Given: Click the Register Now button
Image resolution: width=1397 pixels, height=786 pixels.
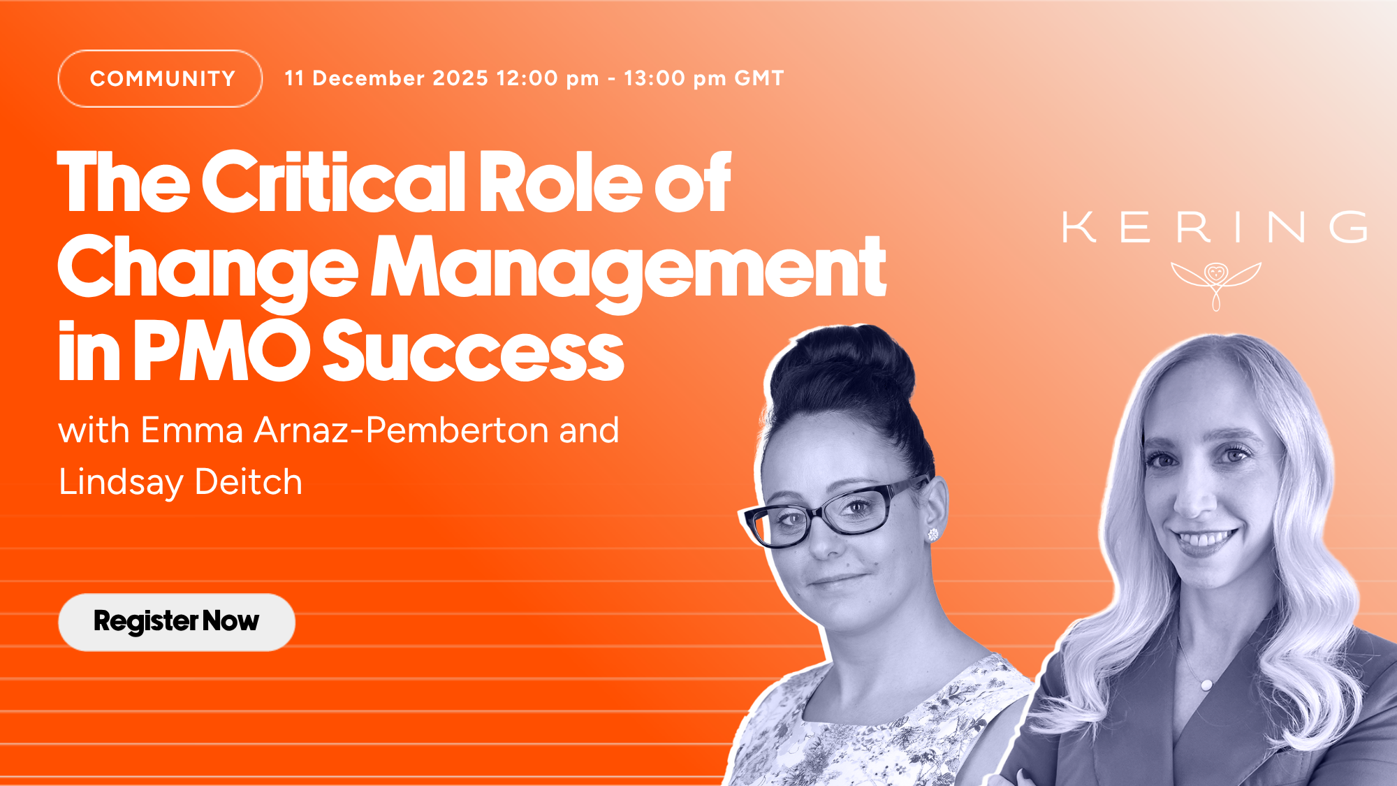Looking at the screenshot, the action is click(x=177, y=623).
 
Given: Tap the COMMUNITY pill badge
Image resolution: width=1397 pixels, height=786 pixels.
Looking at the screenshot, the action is click(x=161, y=78).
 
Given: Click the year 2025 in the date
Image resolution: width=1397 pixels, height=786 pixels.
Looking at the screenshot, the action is click(x=460, y=78).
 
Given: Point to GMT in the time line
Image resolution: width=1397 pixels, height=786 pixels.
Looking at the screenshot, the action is click(x=759, y=78).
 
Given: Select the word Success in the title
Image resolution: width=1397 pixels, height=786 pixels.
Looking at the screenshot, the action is click(x=473, y=351).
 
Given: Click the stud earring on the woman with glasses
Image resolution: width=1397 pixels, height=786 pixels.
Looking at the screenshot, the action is click(x=933, y=535).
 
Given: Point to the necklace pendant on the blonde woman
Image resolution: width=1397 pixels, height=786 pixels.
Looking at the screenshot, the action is click(x=1207, y=685).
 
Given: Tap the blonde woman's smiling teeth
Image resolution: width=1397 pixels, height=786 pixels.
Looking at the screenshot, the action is click(x=1205, y=540).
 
